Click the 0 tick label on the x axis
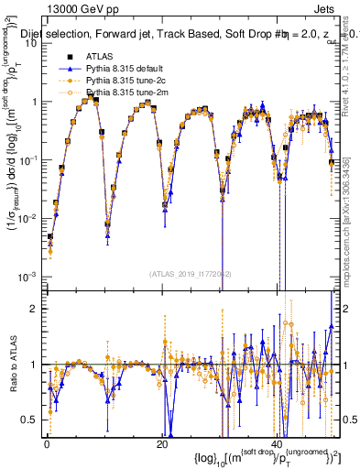click(47, 444)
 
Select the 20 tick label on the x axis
click(161, 444)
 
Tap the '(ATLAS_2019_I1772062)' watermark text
click(190, 274)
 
